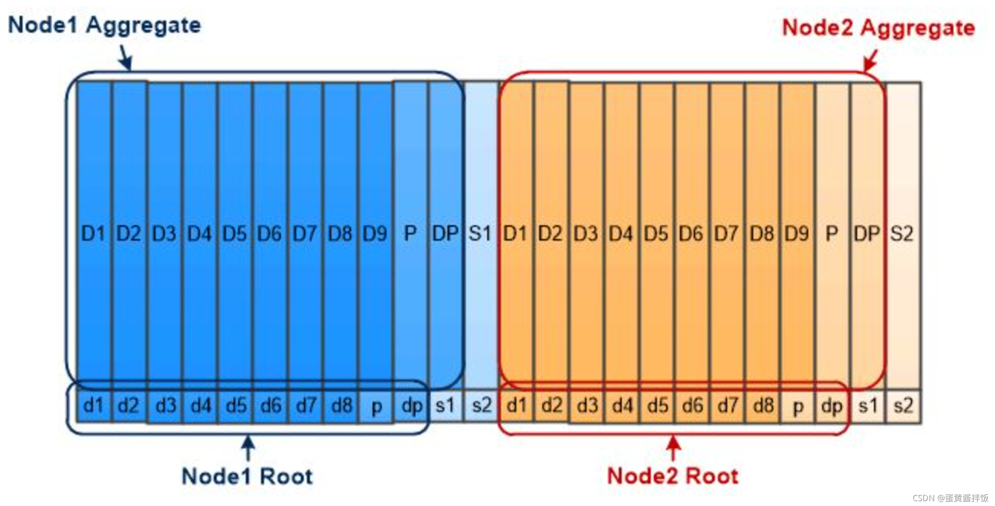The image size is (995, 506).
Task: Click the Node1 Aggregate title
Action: pos(104,25)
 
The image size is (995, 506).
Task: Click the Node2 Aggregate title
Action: pos(878,28)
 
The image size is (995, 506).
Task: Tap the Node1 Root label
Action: pos(247,476)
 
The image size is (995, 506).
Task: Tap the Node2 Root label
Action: pos(672,476)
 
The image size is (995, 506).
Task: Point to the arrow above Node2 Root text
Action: pos(673,448)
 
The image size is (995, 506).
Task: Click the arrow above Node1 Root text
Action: pos(248,448)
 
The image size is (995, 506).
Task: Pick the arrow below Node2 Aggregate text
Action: pos(870,60)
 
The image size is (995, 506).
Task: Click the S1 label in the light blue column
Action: pos(480,234)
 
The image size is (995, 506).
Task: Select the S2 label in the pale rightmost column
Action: pos(902,234)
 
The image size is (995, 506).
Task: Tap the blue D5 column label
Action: pos(234,234)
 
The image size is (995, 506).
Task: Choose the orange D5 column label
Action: pos(656,234)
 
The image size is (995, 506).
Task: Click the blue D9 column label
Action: pos(375,234)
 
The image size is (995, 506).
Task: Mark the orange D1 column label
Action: pos(515,234)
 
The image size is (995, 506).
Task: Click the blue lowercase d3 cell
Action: pos(165,406)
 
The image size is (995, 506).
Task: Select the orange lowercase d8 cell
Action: pos(763,406)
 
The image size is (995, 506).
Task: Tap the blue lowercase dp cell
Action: pos(412,406)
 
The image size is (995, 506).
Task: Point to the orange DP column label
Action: pos(867,234)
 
